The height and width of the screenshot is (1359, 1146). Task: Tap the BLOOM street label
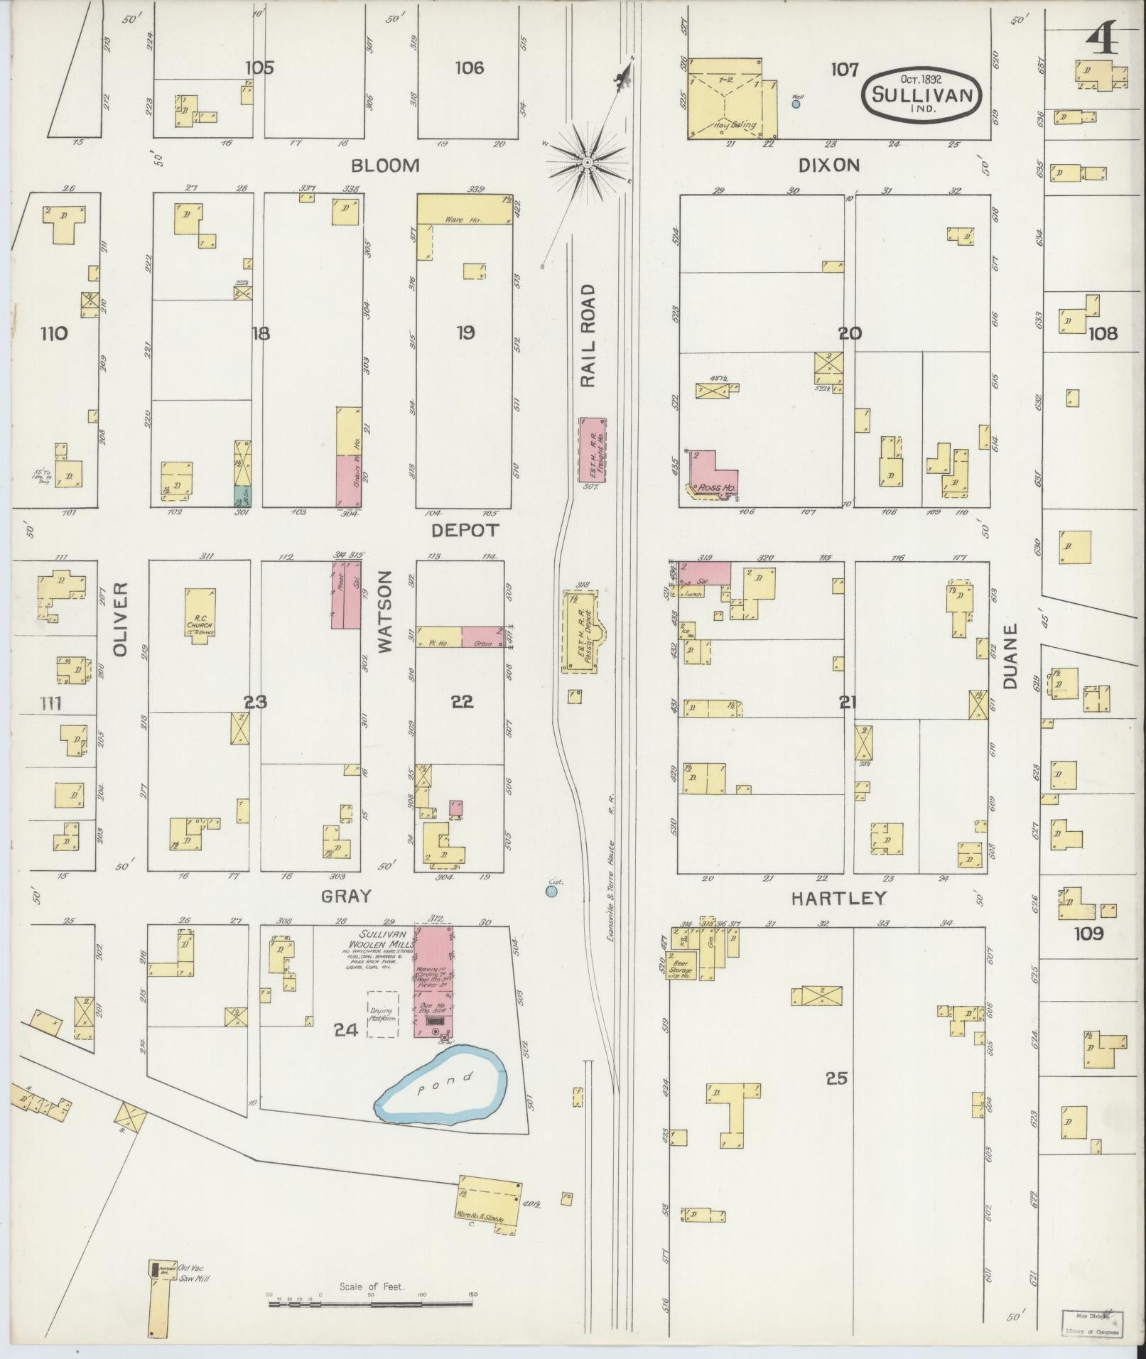[385, 166]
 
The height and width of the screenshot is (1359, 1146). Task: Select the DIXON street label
[828, 166]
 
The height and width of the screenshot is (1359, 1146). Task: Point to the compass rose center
[588, 163]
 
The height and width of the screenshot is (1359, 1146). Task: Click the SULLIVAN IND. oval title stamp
[922, 94]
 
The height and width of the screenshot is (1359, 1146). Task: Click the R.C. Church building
[199, 614]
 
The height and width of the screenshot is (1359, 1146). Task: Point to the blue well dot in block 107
[796, 104]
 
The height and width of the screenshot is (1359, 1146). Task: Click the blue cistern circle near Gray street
[552, 890]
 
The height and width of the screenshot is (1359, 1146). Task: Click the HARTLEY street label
[838, 899]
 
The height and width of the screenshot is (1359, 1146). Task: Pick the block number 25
[837, 1078]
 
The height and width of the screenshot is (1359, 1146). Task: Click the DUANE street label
[1011, 656]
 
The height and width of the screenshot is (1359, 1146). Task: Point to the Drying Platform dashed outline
[382, 1014]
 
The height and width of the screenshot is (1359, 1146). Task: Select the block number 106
[470, 68]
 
